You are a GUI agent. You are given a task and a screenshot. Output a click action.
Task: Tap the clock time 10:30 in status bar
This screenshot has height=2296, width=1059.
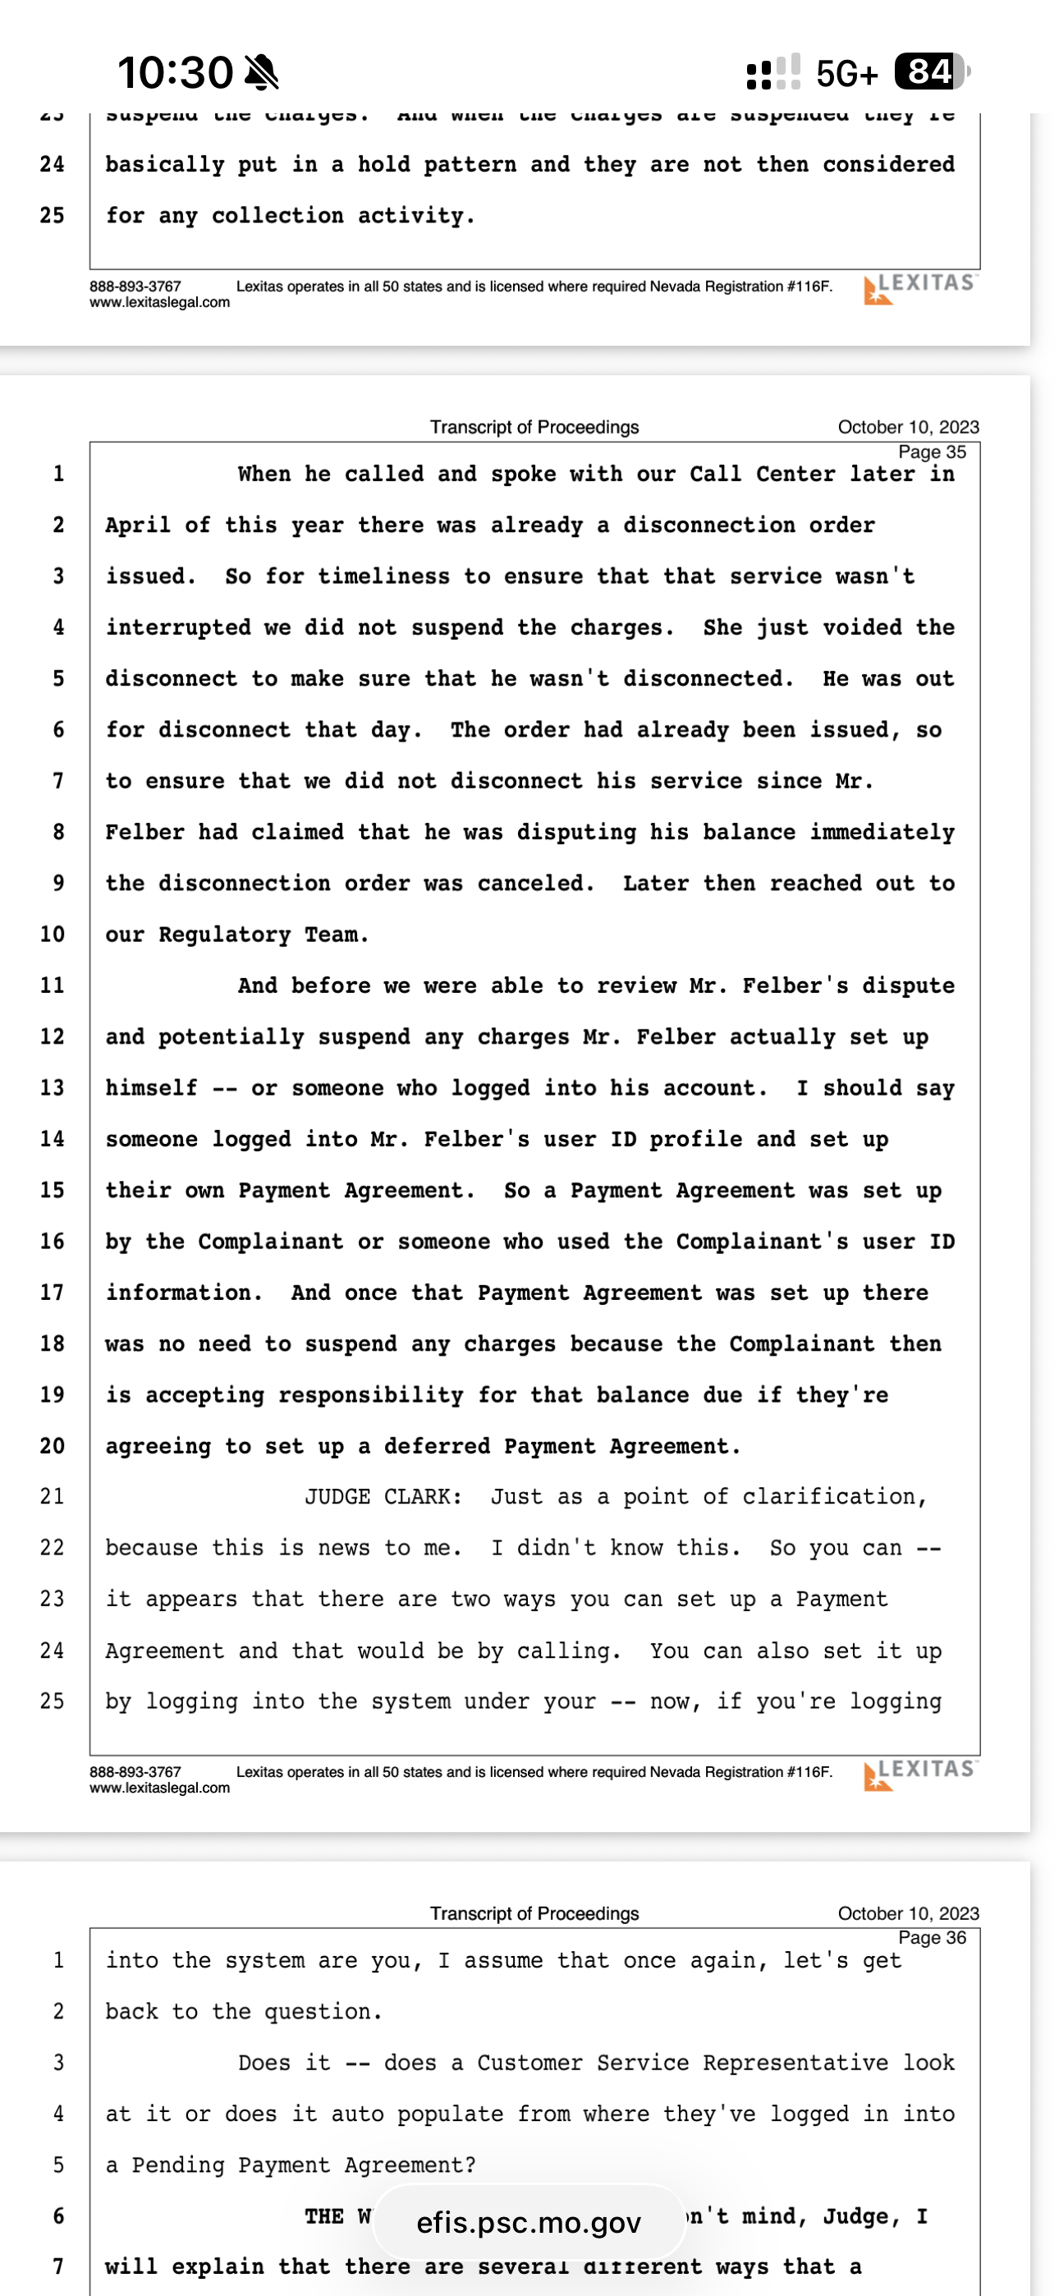click(x=175, y=71)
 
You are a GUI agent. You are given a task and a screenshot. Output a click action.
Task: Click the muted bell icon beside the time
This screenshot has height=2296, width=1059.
click(x=261, y=71)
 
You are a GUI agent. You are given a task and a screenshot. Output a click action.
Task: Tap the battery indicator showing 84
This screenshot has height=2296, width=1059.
click(x=931, y=71)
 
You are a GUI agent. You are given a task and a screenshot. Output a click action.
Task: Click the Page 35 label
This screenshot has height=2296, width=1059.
click(x=932, y=452)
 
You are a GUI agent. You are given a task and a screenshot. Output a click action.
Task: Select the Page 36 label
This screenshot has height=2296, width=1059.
click(x=932, y=1937)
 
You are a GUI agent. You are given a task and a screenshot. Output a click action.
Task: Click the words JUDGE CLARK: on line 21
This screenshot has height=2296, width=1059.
click(x=383, y=1496)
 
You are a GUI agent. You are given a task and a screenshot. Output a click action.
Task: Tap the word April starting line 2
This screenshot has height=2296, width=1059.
click(x=138, y=525)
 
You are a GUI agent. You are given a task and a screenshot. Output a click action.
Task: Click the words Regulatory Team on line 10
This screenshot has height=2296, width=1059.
click(x=263, y=934)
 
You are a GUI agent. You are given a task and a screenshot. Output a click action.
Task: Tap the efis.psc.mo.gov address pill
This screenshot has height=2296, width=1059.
click(x=529, y=2223)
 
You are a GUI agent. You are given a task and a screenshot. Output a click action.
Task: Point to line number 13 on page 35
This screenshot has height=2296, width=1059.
click(x=52, y=1088)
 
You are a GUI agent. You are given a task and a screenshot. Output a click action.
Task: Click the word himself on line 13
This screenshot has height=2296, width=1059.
click(x=152, y=1088)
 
